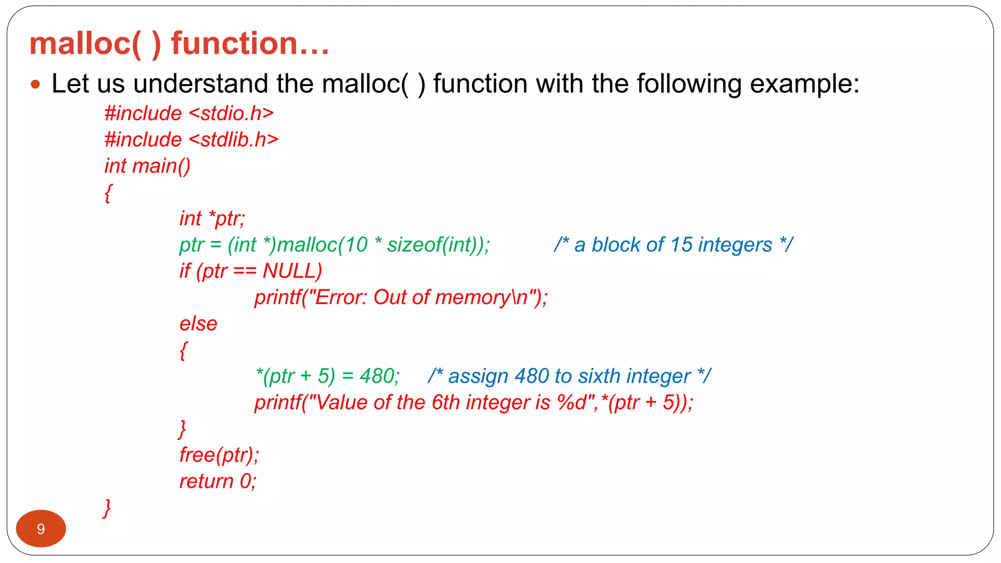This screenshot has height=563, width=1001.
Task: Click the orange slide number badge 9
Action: (41, 528)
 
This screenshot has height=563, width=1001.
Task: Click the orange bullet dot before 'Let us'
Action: (35, 84)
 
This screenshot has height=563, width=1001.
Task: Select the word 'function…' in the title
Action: (250, 43)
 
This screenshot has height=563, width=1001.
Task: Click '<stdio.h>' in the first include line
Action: (231, 113)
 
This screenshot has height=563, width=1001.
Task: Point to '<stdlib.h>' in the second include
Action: (233, 140)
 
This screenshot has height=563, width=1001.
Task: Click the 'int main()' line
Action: (147, 166)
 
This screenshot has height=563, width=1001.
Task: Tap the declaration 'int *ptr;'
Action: (212, 218)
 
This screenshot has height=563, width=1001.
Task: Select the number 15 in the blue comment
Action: (681, 245)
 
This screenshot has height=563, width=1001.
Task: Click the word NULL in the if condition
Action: (292, 271)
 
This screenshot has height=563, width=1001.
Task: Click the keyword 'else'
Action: (198, 324)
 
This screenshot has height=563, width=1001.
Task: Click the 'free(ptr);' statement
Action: (219, 455)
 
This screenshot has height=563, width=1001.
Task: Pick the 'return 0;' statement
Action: (218, 481)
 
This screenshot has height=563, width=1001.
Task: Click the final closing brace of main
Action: (107, 508)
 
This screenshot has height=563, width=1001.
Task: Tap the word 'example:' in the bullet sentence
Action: (804, 84)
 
